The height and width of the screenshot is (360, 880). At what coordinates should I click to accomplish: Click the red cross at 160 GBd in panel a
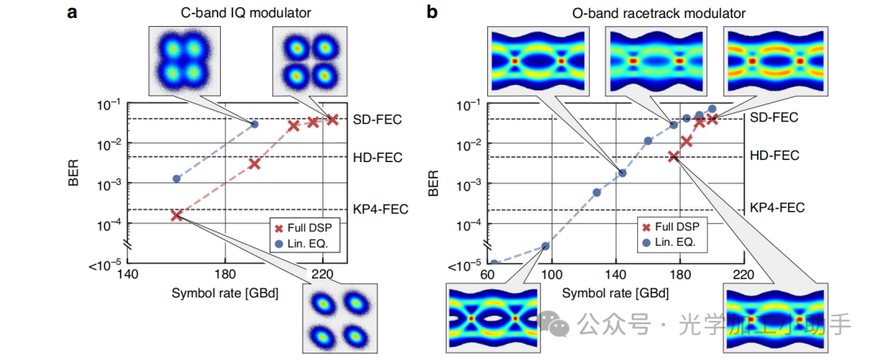click(176, 215)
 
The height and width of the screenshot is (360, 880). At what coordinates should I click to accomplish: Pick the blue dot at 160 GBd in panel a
click(176, 178)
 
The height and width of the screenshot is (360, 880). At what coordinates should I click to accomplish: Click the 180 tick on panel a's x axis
click(226, 274)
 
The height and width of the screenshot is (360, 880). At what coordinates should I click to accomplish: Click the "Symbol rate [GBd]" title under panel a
click(225, 292)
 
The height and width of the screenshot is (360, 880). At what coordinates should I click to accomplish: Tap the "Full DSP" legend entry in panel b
click(675, 227)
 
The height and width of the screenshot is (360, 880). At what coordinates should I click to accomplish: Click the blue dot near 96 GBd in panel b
click(545, 246)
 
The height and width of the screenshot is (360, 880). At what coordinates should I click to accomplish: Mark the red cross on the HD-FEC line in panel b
click(674, 156)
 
